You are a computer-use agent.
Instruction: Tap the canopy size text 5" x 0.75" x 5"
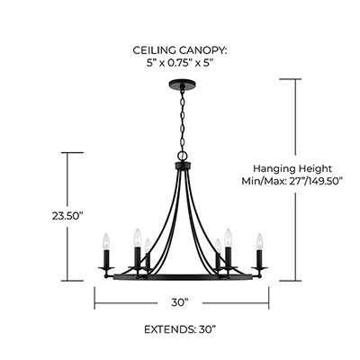[179, 63]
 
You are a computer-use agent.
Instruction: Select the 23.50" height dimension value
[67, 216]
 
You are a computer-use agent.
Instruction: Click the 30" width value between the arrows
[180, 302]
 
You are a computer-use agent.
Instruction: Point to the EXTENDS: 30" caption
[180, 329]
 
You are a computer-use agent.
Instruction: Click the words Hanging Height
[292, 168]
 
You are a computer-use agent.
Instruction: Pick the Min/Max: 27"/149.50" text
[292, 181]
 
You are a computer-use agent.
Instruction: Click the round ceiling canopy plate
[182, 83]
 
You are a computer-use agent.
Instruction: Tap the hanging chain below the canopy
[182, 120]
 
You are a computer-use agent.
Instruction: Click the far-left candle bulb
[106, 241]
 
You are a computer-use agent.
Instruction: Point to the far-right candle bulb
[259, 241]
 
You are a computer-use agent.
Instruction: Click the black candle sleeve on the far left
[106, 258]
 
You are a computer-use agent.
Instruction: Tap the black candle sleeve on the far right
[259, 258]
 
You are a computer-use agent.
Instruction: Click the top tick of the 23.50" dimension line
[72, 153]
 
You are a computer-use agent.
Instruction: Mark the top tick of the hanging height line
[290, 79]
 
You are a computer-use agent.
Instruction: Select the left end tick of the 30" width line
[94, 298]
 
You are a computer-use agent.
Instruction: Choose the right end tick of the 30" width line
[268, 298]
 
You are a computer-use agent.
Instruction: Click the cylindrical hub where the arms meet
[183, 166]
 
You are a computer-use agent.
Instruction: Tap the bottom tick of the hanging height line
[290, 281]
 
